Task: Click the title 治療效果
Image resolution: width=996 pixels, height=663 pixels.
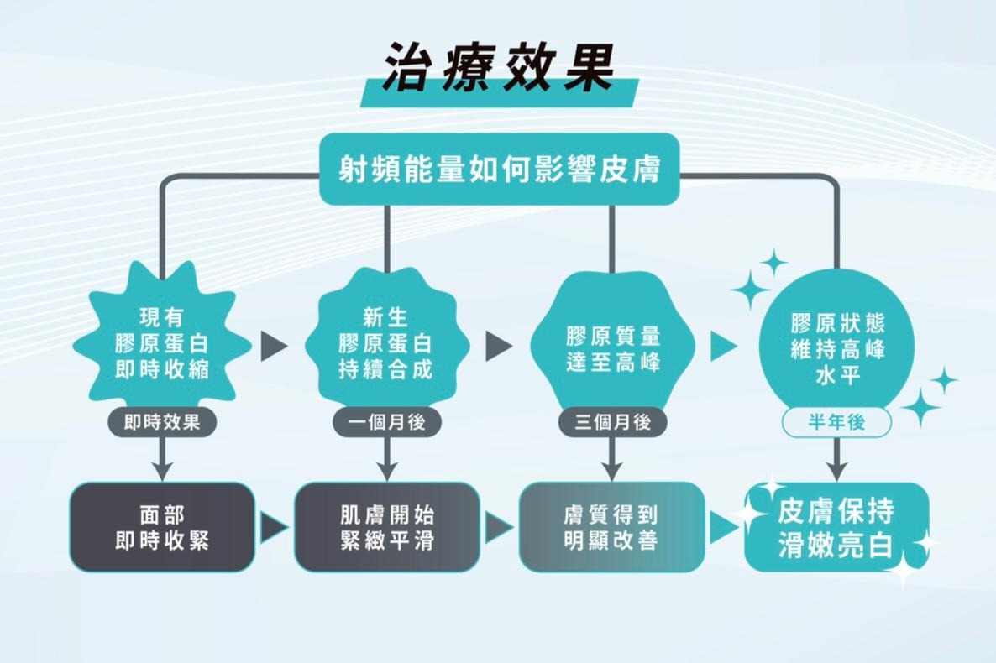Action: [499, 66]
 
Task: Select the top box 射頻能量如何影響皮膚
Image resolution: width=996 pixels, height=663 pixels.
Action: [499, 171]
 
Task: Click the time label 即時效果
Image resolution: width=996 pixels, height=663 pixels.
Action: [162, 422]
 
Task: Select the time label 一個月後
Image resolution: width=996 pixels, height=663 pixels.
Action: [386, 422]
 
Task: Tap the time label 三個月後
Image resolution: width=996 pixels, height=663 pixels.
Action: [612, 422]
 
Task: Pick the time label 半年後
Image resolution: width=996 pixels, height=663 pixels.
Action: [836, 423]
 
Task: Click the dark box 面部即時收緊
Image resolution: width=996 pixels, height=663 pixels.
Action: [162, 527]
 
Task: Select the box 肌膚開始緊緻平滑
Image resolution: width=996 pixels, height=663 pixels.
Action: [386, 527]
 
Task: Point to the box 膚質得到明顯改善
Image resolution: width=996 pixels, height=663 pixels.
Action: [611, 527]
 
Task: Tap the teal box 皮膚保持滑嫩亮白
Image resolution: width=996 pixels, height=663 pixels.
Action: [836, 527]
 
